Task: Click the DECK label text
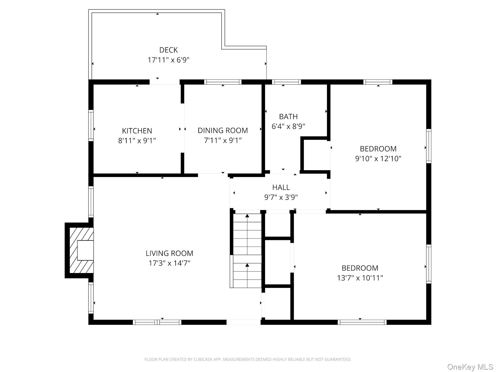coord(168,50)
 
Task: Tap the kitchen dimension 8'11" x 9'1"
coord(137,141)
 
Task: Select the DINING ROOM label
coord(223,130)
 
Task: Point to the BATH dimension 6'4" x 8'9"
coord(288,126)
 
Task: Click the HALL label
coord(281,187)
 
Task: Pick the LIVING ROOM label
coord(169,253)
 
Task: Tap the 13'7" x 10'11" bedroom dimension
coord(360,278)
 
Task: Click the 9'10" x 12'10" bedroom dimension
coord(378,159)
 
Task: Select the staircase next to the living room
coord(247,251)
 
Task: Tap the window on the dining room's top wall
coord(223,82)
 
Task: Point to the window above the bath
coord(286,82)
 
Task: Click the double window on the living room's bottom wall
coord(157,322)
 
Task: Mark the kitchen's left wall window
coord(91,125)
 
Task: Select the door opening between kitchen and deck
coord(165,82)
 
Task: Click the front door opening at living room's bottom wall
coord(243,322)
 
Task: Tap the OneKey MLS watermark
coord(470,367)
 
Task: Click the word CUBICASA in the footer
coord(202,359)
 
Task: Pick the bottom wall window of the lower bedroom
coord(362,322)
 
